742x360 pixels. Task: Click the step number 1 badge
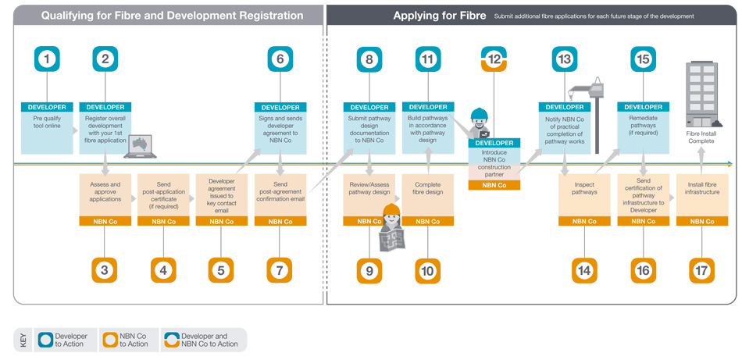48,59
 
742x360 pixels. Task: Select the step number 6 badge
280,59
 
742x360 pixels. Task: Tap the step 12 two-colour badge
494,59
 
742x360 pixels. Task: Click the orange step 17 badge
701,269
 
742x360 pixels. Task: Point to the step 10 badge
428,269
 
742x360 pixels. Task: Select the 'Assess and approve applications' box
105,194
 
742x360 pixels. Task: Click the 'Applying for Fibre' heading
439,16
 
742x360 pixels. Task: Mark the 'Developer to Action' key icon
47,340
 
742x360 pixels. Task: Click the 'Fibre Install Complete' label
701,138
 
